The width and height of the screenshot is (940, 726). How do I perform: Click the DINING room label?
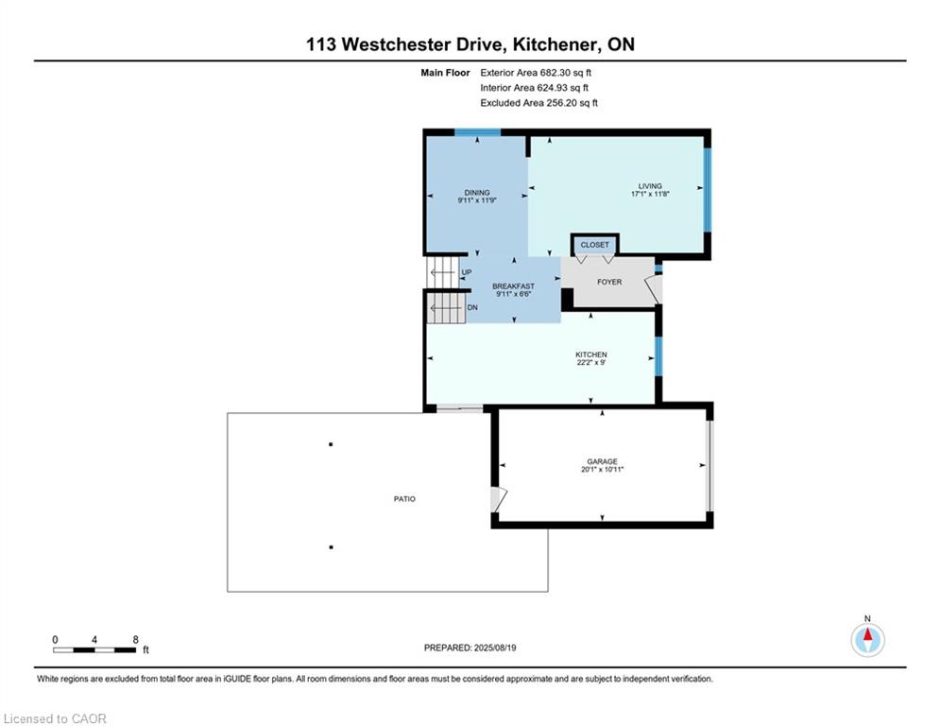(x=477, y=193)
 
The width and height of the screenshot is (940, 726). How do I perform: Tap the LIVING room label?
(x=650, y=186)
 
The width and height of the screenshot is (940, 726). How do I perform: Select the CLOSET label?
(x=594, y=245)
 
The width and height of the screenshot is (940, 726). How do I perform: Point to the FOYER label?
(x=609, y=282)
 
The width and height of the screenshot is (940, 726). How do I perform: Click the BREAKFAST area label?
(x=513, y=286)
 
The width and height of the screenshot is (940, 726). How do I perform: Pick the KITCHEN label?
(x=591, y=354)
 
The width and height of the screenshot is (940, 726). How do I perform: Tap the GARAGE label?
(x=603, y=461)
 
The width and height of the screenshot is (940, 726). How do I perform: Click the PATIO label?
(x=404, y=498)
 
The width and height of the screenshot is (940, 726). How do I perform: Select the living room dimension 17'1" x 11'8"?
(x=650, y=194)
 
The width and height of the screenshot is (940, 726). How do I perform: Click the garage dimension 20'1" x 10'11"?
(x=603, y=469)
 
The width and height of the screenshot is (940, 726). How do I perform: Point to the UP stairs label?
(x=467, y=272)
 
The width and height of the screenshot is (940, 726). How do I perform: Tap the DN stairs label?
(x=472, y=307)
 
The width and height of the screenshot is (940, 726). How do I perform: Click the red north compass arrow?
(x=867, y=635)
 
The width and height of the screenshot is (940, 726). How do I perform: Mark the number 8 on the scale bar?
(x=135, y=640)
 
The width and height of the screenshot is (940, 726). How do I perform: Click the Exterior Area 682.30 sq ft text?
(x=536, y=73)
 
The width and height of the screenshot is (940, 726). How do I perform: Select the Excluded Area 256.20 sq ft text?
(x=538, y=103)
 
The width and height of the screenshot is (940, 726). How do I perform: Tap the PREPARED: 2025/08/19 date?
(x=470, y=648)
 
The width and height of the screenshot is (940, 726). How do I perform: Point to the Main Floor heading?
(x=445, y=73)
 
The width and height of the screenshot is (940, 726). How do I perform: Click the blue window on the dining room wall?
(x=477, y=132)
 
